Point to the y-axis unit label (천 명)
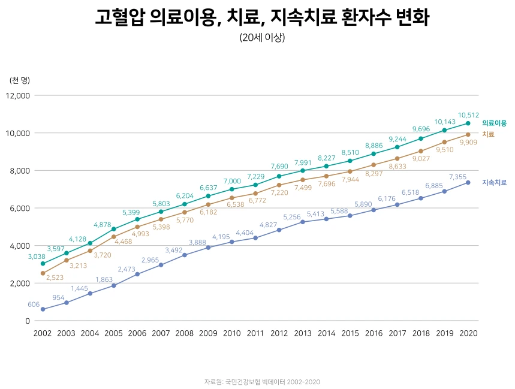tap(20, 80)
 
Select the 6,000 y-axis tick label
tap(20, 208)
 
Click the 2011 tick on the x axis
tap(255, 333)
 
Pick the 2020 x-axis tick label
tap(468, 333)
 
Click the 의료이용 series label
tap(494, 123)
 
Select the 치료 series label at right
tap(488, 134)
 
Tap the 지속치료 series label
tap(494, 182)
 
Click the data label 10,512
tap(468, 115)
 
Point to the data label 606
tap(34, 304)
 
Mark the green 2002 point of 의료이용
tap(43, 264)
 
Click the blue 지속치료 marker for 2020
tap(468, 182)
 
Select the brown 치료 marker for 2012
tap(279, 185)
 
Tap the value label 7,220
tap(279, 193)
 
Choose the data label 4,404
tap(245, 233)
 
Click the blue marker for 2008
tap(185, 255)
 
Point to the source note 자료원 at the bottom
tap(257, 381)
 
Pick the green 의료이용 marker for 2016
tap(374, 154)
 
